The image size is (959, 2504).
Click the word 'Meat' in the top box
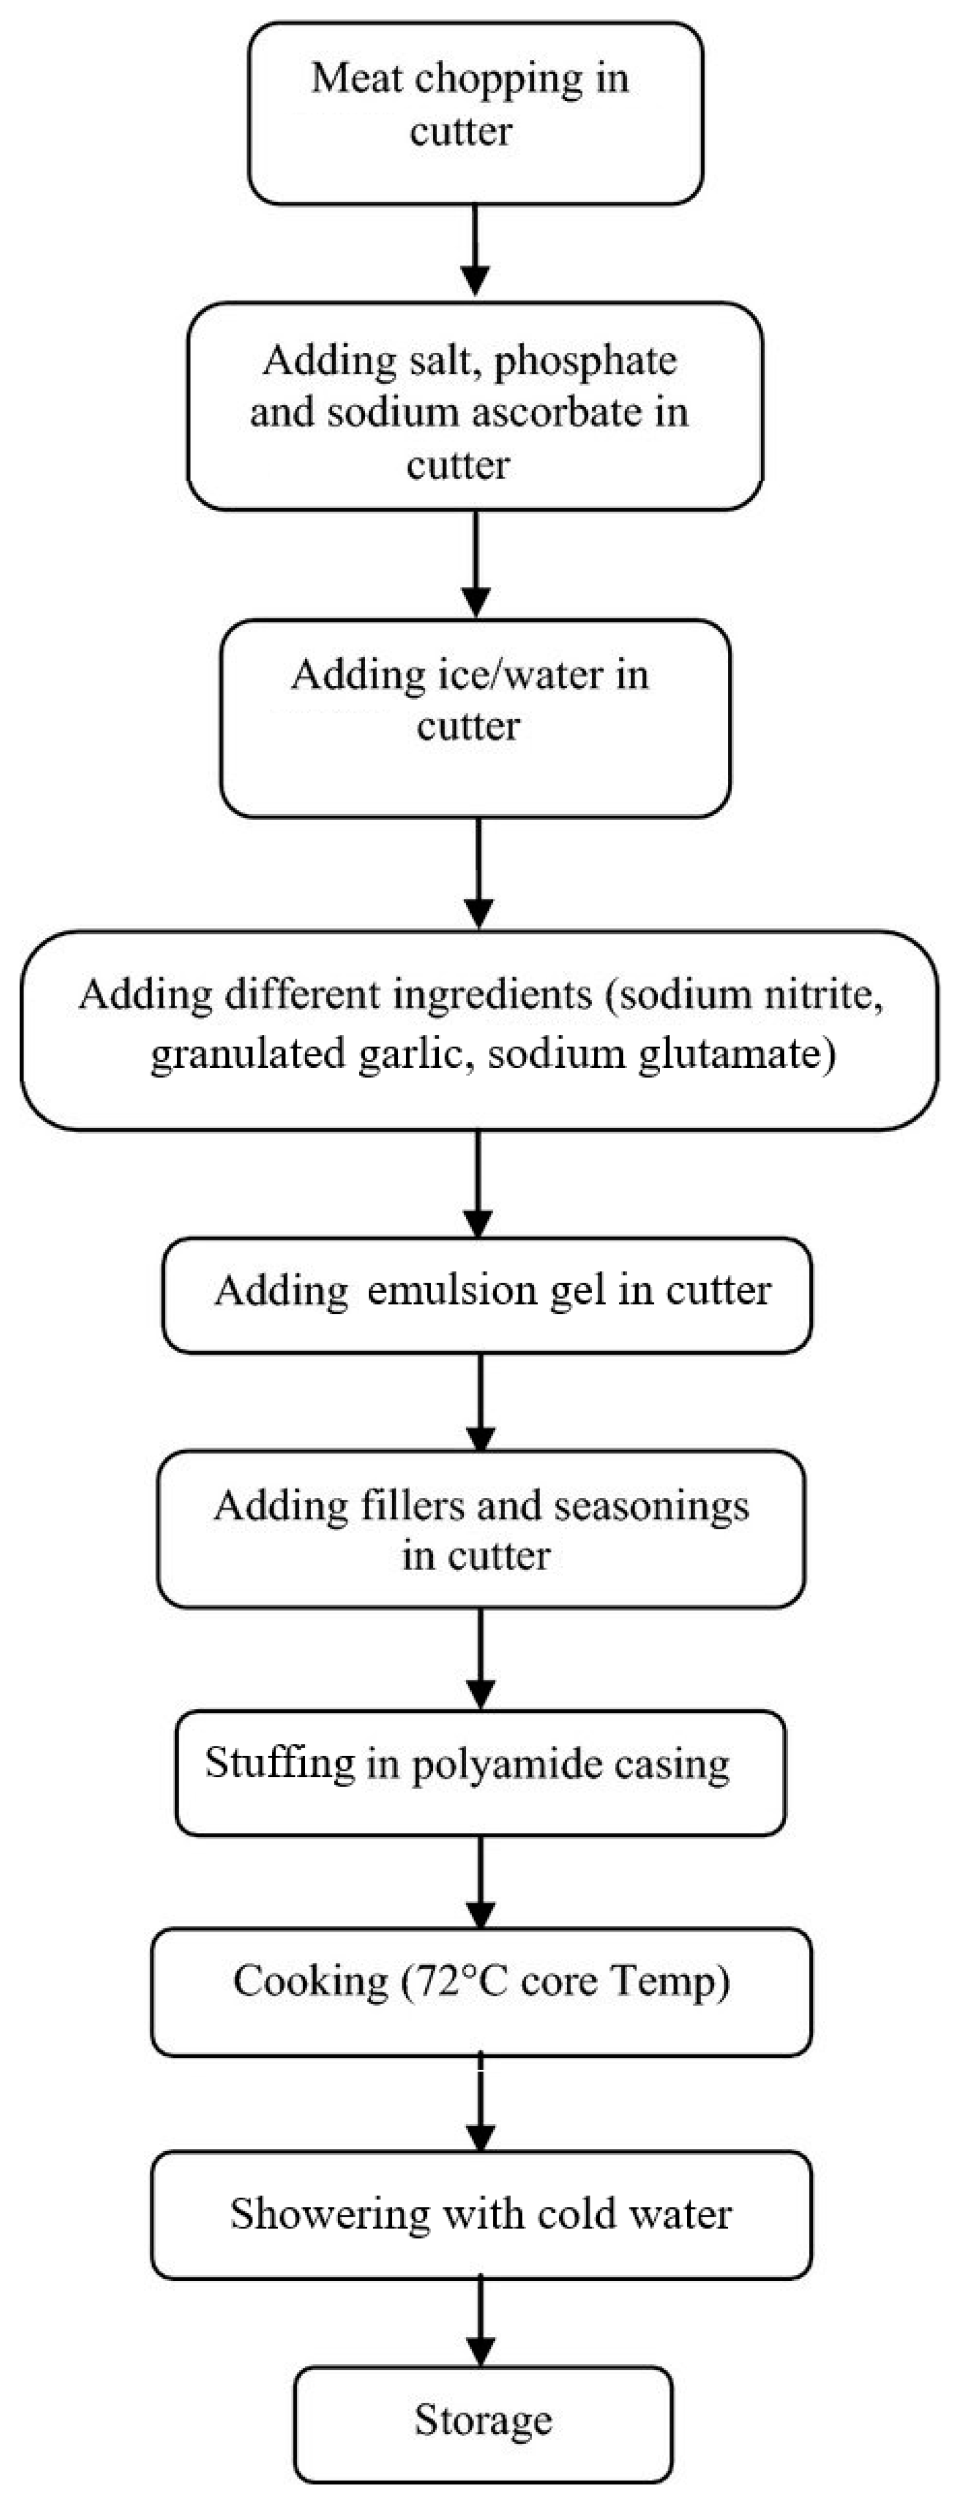[349, 78]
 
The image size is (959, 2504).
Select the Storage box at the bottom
[483, 2420]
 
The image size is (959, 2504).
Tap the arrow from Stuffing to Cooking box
[480, 1881]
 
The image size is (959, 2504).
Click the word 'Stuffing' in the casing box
[280, 1762]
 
